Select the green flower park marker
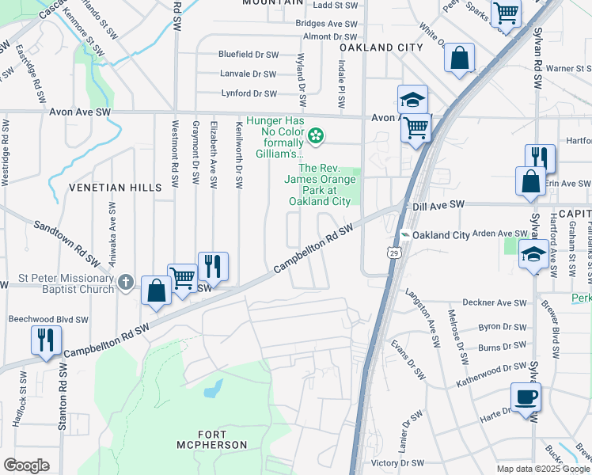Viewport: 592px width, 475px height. [316, 136]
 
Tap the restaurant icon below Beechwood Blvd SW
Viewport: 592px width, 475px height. [46, 340]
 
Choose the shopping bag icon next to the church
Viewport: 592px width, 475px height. [157, 291]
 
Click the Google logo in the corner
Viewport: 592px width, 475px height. [26, 465]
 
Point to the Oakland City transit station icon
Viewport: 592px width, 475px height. [404, 235]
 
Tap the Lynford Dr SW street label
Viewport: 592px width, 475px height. [249, 93]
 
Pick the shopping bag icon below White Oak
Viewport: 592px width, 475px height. [459, 59]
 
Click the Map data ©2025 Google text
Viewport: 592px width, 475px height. [542, 469]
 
